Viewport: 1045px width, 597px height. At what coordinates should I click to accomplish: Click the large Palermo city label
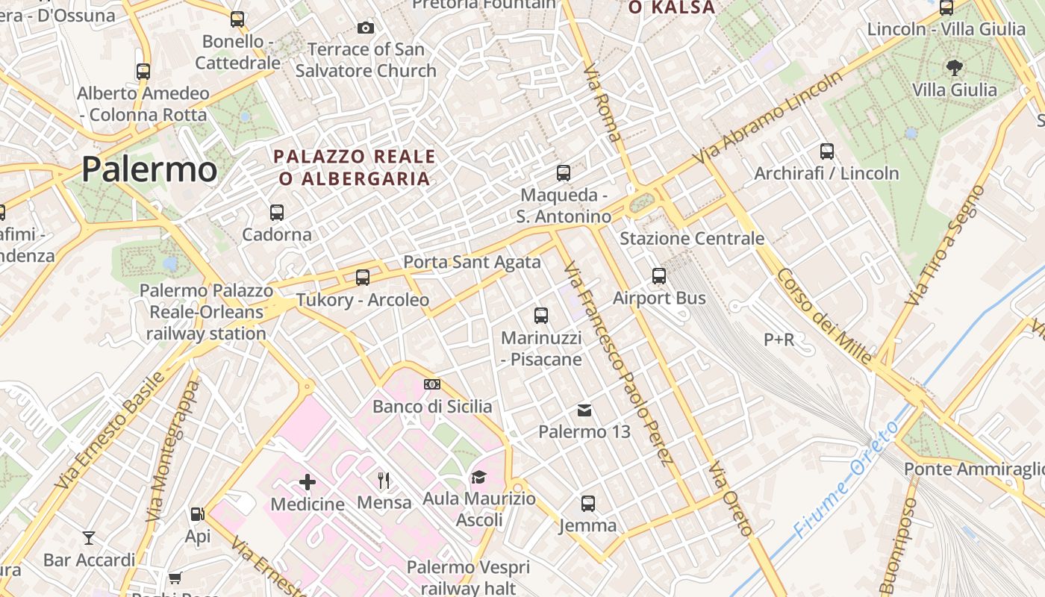click(149, 169)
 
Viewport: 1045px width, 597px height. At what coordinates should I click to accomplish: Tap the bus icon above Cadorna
click(277, 212)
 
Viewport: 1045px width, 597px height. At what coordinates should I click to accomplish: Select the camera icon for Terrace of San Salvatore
click(365, 28)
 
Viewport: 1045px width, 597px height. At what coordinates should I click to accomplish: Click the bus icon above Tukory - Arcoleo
click(363, 278)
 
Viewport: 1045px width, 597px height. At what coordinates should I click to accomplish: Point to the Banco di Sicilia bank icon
click(431, 384)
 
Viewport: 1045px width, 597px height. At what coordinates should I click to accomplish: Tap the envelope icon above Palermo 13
click(584, 410)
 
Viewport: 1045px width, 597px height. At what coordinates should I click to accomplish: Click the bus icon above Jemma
click(588, 504)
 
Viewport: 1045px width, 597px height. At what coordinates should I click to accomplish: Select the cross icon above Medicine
click(308, 482)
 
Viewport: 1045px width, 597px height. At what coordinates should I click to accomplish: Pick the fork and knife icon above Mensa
click(384, 480)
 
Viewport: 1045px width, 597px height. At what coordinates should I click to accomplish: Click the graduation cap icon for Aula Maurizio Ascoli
click(478, 477)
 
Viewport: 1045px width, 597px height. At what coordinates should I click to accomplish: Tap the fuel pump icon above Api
click(197, 514)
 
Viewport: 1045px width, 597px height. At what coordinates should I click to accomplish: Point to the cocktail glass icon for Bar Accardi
click(89, 537)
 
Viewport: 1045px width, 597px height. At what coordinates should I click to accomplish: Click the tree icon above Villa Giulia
click(954, 68)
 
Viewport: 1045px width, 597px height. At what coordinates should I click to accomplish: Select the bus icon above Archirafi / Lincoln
click(826, 151)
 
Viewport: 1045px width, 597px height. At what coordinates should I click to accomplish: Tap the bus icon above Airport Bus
click(659, 276)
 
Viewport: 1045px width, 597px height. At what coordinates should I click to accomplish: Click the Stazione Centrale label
click(692, 239)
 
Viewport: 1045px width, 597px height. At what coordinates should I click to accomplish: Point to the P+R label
click(779, 340)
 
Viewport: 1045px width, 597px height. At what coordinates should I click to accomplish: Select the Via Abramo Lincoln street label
click(769, 118)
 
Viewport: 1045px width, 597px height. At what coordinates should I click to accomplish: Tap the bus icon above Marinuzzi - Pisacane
click(541, 316)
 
